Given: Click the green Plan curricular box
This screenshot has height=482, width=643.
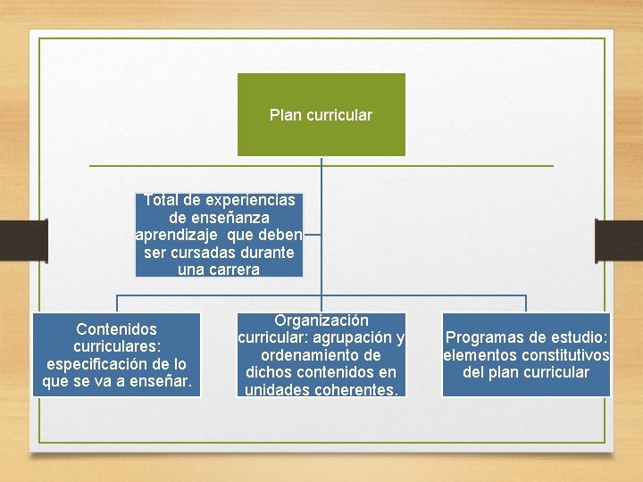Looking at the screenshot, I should (321, 114).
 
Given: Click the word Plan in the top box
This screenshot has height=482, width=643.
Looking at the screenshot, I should (285, 115).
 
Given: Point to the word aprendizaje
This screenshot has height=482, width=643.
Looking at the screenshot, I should (176, 235).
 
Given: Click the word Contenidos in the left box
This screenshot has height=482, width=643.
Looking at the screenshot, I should (116, 329).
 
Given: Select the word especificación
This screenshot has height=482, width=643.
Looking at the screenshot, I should (100, 364).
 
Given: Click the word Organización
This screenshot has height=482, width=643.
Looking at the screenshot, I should (321, 320).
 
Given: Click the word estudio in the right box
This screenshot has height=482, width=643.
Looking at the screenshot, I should (580, 337).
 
